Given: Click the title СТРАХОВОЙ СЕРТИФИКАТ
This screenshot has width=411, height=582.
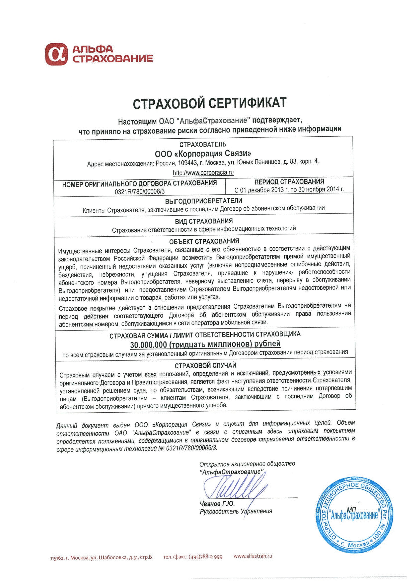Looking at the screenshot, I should click(210, 103).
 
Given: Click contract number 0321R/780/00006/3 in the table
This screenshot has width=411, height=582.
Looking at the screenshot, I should click(139, 191).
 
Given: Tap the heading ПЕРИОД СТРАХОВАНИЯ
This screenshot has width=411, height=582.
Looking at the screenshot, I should click(289, 182).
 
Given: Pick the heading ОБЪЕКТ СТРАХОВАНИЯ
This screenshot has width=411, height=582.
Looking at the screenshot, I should click(204, 241).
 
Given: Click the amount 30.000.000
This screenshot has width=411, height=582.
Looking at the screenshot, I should click(148, 345).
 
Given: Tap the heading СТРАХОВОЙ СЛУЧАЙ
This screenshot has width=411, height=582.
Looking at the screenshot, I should click(205, 365).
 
